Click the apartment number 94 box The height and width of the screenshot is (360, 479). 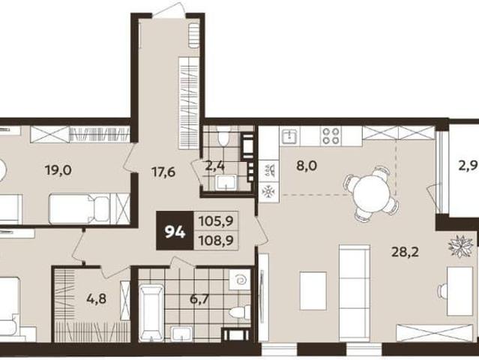tap(175, 231)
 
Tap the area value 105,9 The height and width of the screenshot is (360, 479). tap(216, 220)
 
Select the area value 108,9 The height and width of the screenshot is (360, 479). tap(216, 240)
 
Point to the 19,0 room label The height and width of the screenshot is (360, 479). tap(58, 170)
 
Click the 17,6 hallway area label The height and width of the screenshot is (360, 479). tap(163, 172)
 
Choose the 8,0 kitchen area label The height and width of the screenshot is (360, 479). tap(307, 166)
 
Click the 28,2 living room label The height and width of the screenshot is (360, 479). tap(406, 252)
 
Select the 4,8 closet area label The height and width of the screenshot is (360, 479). tap(96, 298)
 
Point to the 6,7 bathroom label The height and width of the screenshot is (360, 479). tap(199, 299)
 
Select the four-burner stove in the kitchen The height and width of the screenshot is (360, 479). tap(331, 136)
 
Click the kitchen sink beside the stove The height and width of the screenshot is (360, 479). tap(289, 136)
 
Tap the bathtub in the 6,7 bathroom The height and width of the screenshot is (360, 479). tap(151, 313)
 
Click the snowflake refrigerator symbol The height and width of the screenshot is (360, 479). tap(269, 191)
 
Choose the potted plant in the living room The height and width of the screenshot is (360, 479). tap(461, 246)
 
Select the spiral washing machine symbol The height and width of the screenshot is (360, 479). tap(239, 280)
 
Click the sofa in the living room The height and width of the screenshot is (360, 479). tap(355, 292)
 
